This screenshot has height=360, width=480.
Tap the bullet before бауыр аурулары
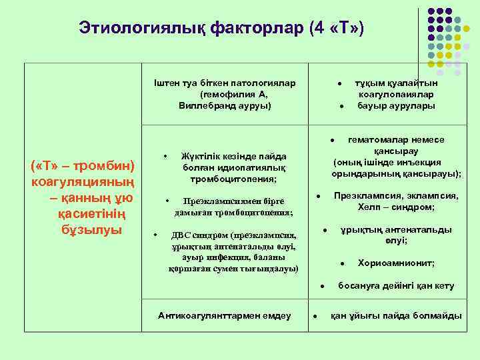click(341, 106)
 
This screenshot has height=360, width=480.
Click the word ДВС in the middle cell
click(182, 235)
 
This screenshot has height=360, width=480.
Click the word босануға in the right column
click(360, 286)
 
